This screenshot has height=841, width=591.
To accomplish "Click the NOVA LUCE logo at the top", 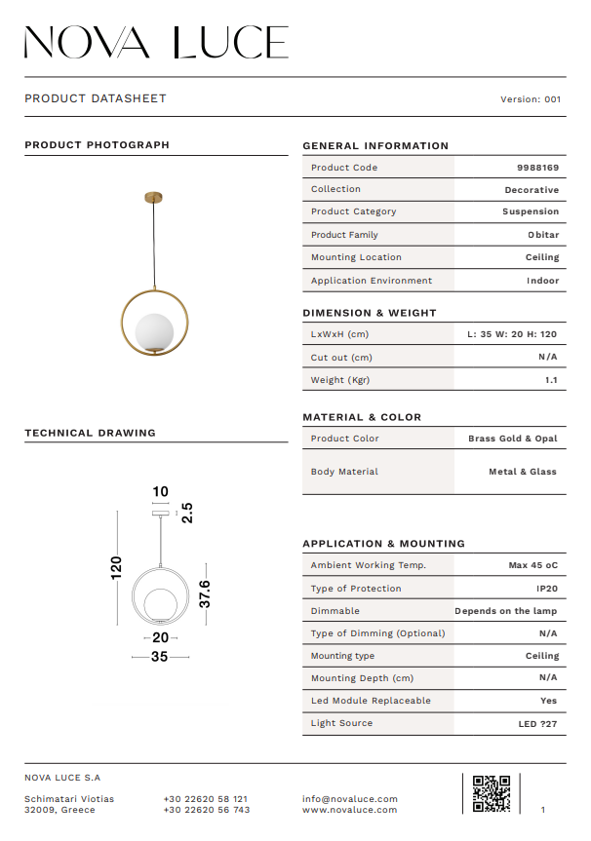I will [x=156, y=42].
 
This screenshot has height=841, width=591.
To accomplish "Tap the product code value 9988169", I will [x=537, y=168].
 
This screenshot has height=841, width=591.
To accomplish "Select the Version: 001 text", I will [x=531, y=99].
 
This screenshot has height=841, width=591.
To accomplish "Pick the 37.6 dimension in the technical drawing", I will [x=205, y=593].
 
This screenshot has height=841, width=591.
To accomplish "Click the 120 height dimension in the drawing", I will [x=117, y=568].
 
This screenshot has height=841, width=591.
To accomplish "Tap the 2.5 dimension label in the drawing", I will [x=188, y=513].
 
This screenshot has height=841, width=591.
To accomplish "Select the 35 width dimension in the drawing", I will [x=160, y=657].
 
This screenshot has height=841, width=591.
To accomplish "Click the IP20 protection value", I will [x=547, y=589].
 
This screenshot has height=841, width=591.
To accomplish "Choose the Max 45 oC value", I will [x=532, y=565].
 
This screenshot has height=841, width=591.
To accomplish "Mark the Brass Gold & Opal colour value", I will [x=512, y=439].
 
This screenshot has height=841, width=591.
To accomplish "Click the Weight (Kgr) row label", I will [x=340, y=380].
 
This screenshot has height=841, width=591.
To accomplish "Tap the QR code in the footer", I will [x=491, y=793].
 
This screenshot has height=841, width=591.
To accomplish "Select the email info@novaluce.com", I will [x=350, y=799].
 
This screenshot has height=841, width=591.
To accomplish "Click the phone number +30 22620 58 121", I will [x=206, y=799].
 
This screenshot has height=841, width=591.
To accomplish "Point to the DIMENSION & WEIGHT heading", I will [x=370, y=313].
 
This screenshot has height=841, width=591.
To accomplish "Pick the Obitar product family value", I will [x=543, y=235].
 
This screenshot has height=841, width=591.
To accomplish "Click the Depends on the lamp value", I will [x=506, y=611].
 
